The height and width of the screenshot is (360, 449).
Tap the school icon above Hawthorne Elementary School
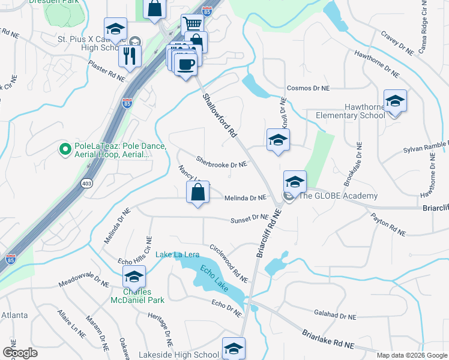[x=395, y=101]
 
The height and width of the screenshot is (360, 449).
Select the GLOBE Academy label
[x=338, y=196]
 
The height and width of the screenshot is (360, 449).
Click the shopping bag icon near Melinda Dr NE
[x=197, y=193]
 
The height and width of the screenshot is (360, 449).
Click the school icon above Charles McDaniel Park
[x=134, y=277]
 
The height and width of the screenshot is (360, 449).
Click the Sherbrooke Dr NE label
[x=221, y=162]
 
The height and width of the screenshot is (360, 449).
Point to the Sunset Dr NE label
[x=250, y=220]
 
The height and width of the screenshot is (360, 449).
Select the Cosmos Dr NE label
[x=308, y=88]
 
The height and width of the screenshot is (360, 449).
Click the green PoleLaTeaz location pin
[x=64, y=148]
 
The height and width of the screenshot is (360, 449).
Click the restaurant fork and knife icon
[x=130, y=56]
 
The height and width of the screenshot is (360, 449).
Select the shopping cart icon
[x=191, y=25]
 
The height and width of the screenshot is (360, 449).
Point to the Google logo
[x=20, y=353]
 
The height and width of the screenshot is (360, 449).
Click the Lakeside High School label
[x=179, y=355]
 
